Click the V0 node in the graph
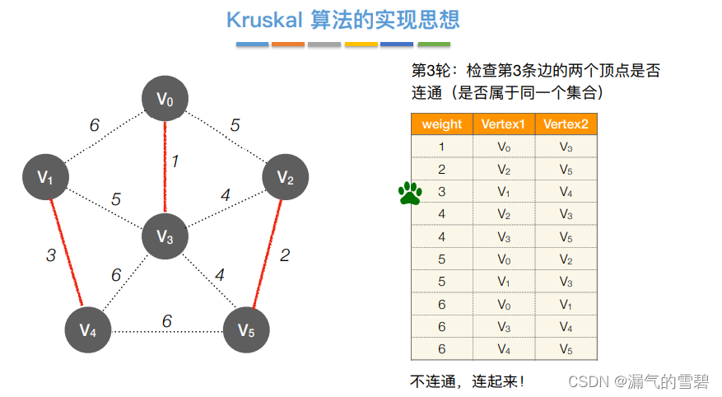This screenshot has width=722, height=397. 165,100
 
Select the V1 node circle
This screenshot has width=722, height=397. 44,176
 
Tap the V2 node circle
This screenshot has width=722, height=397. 285,176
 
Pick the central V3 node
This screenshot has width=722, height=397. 165,237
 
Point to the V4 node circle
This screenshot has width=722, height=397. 88,330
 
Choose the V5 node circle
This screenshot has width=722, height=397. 246,330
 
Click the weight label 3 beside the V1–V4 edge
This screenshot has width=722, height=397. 50,255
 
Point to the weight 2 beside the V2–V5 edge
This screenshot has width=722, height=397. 285,255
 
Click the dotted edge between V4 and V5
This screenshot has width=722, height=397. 167,331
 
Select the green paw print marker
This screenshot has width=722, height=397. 410,193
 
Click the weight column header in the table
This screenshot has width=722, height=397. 441,124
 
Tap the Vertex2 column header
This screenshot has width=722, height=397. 566,124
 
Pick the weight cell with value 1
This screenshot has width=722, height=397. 441,147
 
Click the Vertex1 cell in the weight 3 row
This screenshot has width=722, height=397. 504,192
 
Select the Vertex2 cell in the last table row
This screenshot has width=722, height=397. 566,348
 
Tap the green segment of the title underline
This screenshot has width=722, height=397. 434,44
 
